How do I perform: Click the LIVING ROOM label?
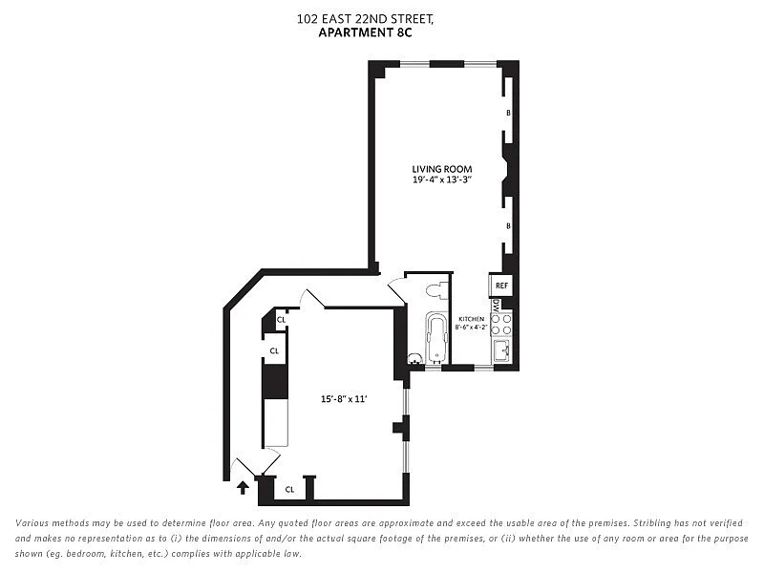click(x=442, y=169)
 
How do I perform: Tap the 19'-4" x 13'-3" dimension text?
click(x=442, y=180)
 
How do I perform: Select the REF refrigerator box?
click(x=501, y=285)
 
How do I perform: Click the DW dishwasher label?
click(x=496, y=306)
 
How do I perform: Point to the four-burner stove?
click(x=501, y=325)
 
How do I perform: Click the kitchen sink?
click(x=502, y=350)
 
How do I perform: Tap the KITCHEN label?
click(x=471, y=319)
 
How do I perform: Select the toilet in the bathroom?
click(x=437, y=290)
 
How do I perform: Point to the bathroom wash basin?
click(x=415, y=359)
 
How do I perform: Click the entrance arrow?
click(x=243, y=487)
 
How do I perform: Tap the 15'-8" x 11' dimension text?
click(x=344, y=399)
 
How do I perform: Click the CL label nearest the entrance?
click(x=290, y=489)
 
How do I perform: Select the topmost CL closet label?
click(x=281, y=320)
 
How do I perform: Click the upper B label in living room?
click(x=508, y=113)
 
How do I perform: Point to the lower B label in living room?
click(x=508, y=226)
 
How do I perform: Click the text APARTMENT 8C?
click(x=365, y=32)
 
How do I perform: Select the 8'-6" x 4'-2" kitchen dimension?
click(x=471, y=328)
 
